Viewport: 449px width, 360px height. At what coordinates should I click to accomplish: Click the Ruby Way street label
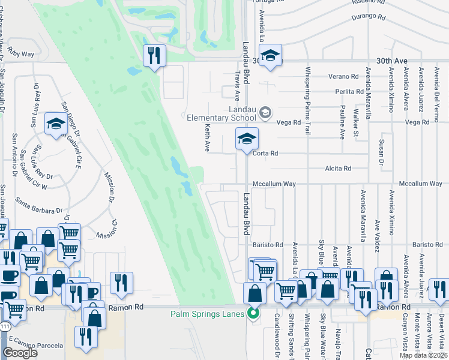21,53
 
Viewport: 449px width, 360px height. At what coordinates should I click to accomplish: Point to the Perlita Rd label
350,92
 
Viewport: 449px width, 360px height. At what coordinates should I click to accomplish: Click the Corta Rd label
265,153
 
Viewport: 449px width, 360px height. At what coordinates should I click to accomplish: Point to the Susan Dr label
381,154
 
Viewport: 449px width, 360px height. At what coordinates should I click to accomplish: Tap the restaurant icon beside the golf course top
154,56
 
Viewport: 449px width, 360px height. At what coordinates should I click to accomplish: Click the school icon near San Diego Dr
56,124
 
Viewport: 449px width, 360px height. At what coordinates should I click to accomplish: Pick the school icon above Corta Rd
246,139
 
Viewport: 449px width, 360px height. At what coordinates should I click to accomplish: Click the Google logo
20,353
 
